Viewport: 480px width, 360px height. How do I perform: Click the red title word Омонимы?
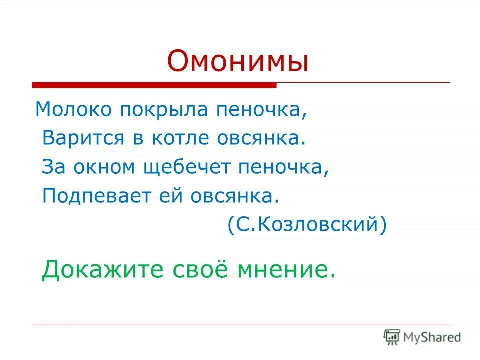point(238,61)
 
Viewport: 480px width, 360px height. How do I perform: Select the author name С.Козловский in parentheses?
point(307,224)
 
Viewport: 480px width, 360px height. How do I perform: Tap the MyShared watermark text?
point(432,337)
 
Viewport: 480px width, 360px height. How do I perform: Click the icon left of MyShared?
point(392,337)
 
